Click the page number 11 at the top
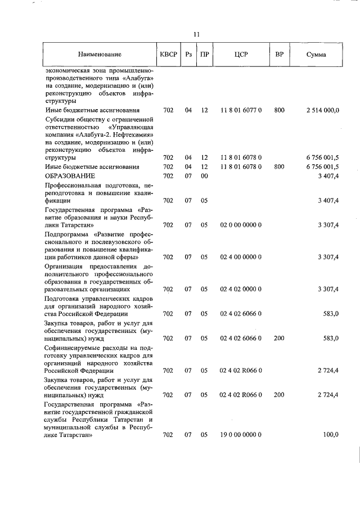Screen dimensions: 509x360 pos(196,34)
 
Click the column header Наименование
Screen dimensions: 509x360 pos(100,55)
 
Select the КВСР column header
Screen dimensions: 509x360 pos(168,55)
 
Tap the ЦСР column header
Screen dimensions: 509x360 pos(241,55)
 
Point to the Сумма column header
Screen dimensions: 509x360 pos(316,55)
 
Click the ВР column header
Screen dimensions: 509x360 pos(279,55)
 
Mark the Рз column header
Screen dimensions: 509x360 pos(188,55)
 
